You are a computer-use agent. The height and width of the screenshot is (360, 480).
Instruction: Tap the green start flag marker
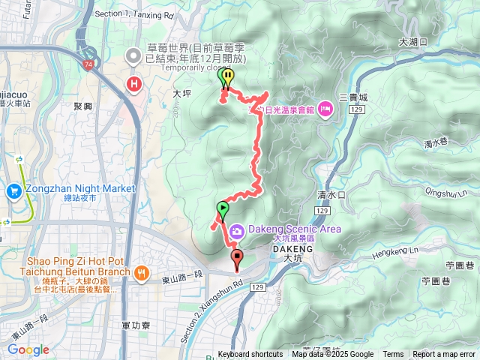(x=222, y=208)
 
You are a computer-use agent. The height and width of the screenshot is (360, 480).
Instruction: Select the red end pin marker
(x=238, y=259)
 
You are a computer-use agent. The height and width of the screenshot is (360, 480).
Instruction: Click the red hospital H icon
(x=134, y=83)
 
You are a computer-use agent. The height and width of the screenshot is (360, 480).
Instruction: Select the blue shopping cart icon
(x=13, y=191)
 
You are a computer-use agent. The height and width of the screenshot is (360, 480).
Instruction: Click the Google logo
(x=28, y=349)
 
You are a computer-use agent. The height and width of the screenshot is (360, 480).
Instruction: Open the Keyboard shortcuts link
(x=250, y=355)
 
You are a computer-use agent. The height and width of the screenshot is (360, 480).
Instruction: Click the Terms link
(x=393, y=355)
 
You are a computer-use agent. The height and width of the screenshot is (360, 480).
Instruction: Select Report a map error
(x=444, y=355)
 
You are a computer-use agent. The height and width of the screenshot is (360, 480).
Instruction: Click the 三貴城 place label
(x=353, y=97)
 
